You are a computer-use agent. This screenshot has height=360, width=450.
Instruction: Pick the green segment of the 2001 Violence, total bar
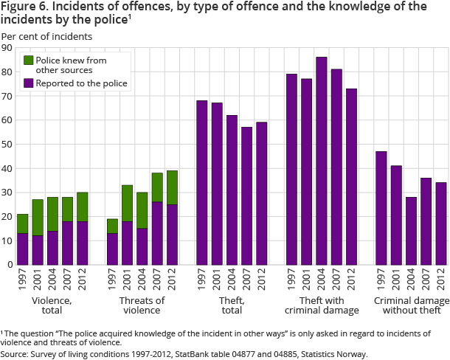38,218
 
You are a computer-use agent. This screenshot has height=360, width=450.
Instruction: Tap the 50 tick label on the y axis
8,145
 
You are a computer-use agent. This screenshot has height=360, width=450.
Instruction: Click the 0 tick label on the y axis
10,265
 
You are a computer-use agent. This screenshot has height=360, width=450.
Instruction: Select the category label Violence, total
52,305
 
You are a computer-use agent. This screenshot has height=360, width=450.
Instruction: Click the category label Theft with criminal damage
322,305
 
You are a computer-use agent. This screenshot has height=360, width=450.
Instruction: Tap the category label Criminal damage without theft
411,305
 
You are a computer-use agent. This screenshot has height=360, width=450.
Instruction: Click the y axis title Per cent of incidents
46,35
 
